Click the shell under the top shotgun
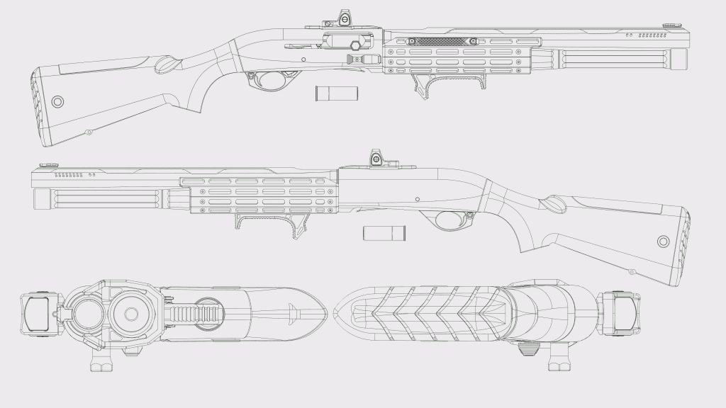click(337, 93)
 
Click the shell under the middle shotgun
click(384, 232)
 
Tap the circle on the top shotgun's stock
click(57, 102)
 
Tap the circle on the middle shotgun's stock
click(663, 242)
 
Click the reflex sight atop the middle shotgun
click(376, 158)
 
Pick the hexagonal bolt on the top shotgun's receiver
click(354, 45)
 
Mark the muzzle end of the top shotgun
click(679, 59)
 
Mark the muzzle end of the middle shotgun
click(40, 199)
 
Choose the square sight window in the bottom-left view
click(36, 313)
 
